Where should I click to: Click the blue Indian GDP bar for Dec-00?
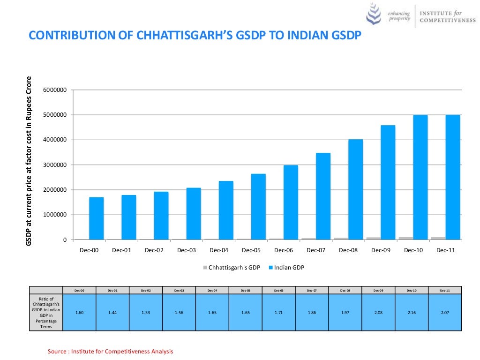[x=96, y=218]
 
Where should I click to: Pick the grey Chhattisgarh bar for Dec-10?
[x=406, y=238]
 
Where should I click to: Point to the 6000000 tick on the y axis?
[x=55, y=90]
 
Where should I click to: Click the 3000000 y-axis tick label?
[x=55, y=165]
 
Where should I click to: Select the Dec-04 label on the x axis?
[x=219, y=250]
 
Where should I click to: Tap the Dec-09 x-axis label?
[x=381, y=250]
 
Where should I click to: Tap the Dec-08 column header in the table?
[x=345, y=291]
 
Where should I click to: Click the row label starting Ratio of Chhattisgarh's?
[x=46, y=312]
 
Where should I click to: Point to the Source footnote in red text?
[x=111, y=351]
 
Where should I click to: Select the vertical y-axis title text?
[x=29, y=161]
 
